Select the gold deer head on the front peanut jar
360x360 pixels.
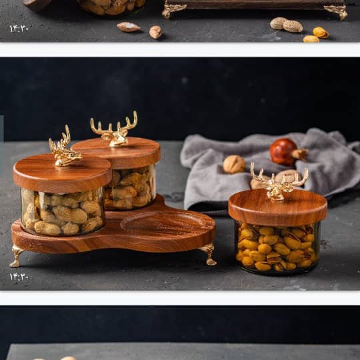[x=63, y=151]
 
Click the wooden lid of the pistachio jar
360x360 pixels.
[x=277, y=208]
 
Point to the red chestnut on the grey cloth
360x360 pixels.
[x=283, y=152]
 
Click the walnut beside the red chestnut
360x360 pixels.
[x=234, y=164]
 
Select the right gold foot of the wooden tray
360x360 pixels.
[x=209, y=255]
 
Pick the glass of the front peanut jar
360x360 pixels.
[x=63, y=213]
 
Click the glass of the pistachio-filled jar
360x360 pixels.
[x=277, y=248]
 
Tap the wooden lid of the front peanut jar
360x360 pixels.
[x=62, y=173]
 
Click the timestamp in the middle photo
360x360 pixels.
[x=19, y=277]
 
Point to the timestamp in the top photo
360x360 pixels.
[x=19, y=29]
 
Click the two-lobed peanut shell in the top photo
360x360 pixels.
[x=286, y=25]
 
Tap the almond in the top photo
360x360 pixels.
[x=129, y=27]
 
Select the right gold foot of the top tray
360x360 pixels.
[x=337, y=11]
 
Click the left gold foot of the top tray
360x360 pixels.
[x=173, y=10]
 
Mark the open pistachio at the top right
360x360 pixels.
[x=321, y=33]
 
